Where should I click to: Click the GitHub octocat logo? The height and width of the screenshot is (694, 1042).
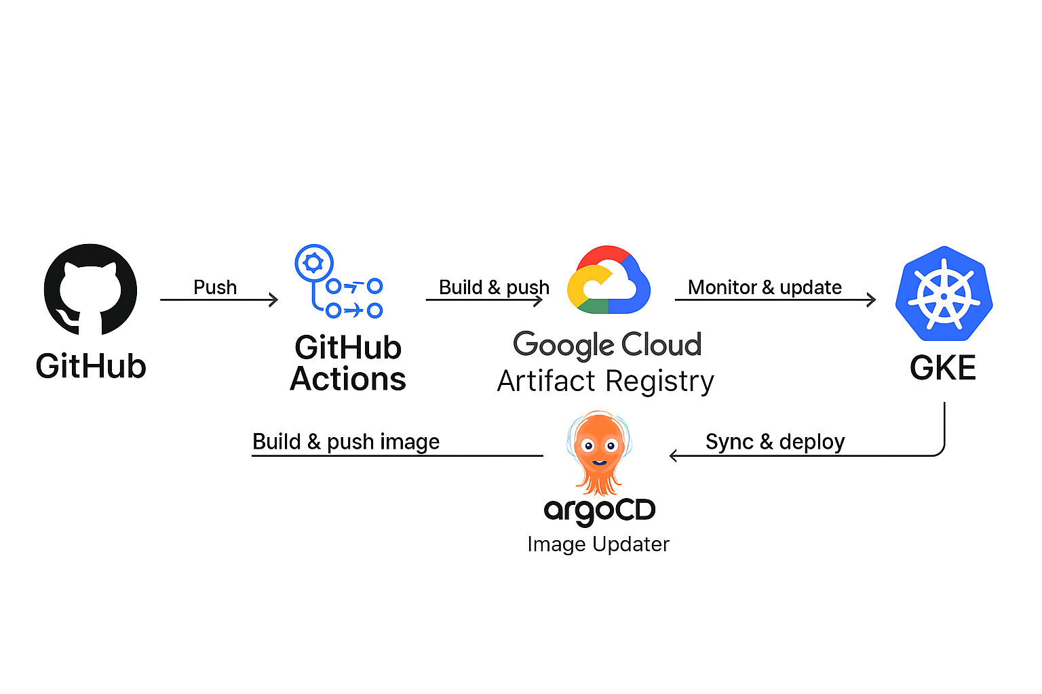[x=90, y=290]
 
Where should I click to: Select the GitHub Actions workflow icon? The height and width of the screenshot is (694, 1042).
[x=339, y=282]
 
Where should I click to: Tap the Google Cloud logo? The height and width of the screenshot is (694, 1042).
[x=609, y=281]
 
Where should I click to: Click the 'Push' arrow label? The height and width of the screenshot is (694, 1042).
[x=215, y=287]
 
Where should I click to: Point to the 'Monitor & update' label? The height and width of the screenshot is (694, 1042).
[x=765, y=287]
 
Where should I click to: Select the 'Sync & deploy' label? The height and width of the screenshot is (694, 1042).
[x=775, y=442]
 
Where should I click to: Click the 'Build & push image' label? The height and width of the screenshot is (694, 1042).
[x=346, y=442]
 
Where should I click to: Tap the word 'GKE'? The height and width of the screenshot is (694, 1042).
[x=943, y=368]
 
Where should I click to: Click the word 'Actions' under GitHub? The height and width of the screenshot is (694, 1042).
[x=348, y=380]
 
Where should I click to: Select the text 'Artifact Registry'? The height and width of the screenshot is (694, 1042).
[x=605, y=382]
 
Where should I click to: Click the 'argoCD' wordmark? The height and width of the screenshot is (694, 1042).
[x=599, y=510]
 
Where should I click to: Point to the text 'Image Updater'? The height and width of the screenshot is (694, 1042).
[x=598, y=544]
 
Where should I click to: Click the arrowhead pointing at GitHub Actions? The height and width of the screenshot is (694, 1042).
[x=274, y=300]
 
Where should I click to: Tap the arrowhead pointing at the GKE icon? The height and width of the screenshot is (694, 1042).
[x=872, y=300]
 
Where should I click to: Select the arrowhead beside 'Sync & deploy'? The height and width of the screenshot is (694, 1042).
[x=674, y=455]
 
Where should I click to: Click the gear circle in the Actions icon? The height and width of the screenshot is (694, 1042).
[x=313, y=263]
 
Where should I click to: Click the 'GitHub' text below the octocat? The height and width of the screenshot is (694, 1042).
[x=91, y=366]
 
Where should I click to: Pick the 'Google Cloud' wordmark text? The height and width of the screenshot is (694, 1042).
[x=607, y=345]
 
